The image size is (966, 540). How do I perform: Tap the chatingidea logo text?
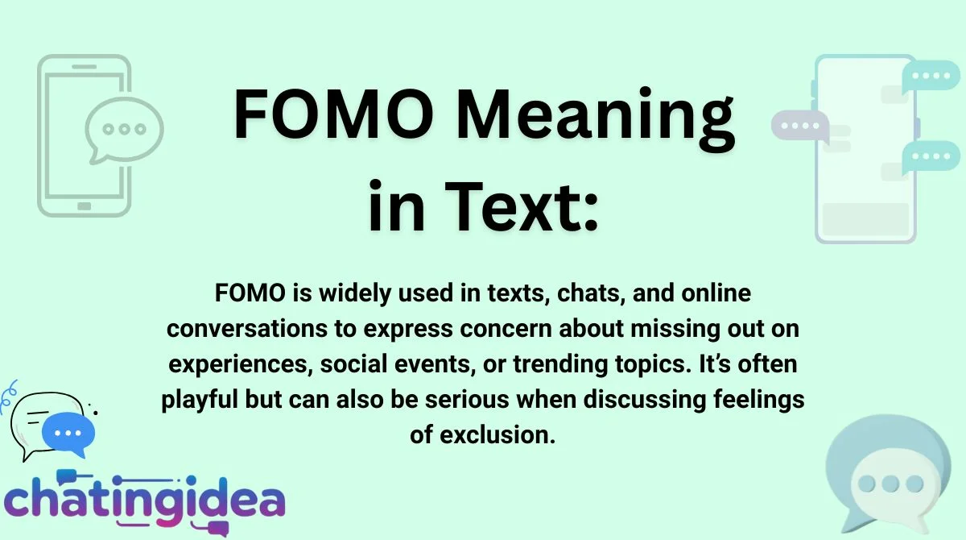click(x=145, y=500)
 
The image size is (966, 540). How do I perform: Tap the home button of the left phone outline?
click(x=84, y=206)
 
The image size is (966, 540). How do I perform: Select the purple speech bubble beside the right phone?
click(x=799, y=127)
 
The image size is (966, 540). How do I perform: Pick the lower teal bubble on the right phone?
click(x=932, y=156)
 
